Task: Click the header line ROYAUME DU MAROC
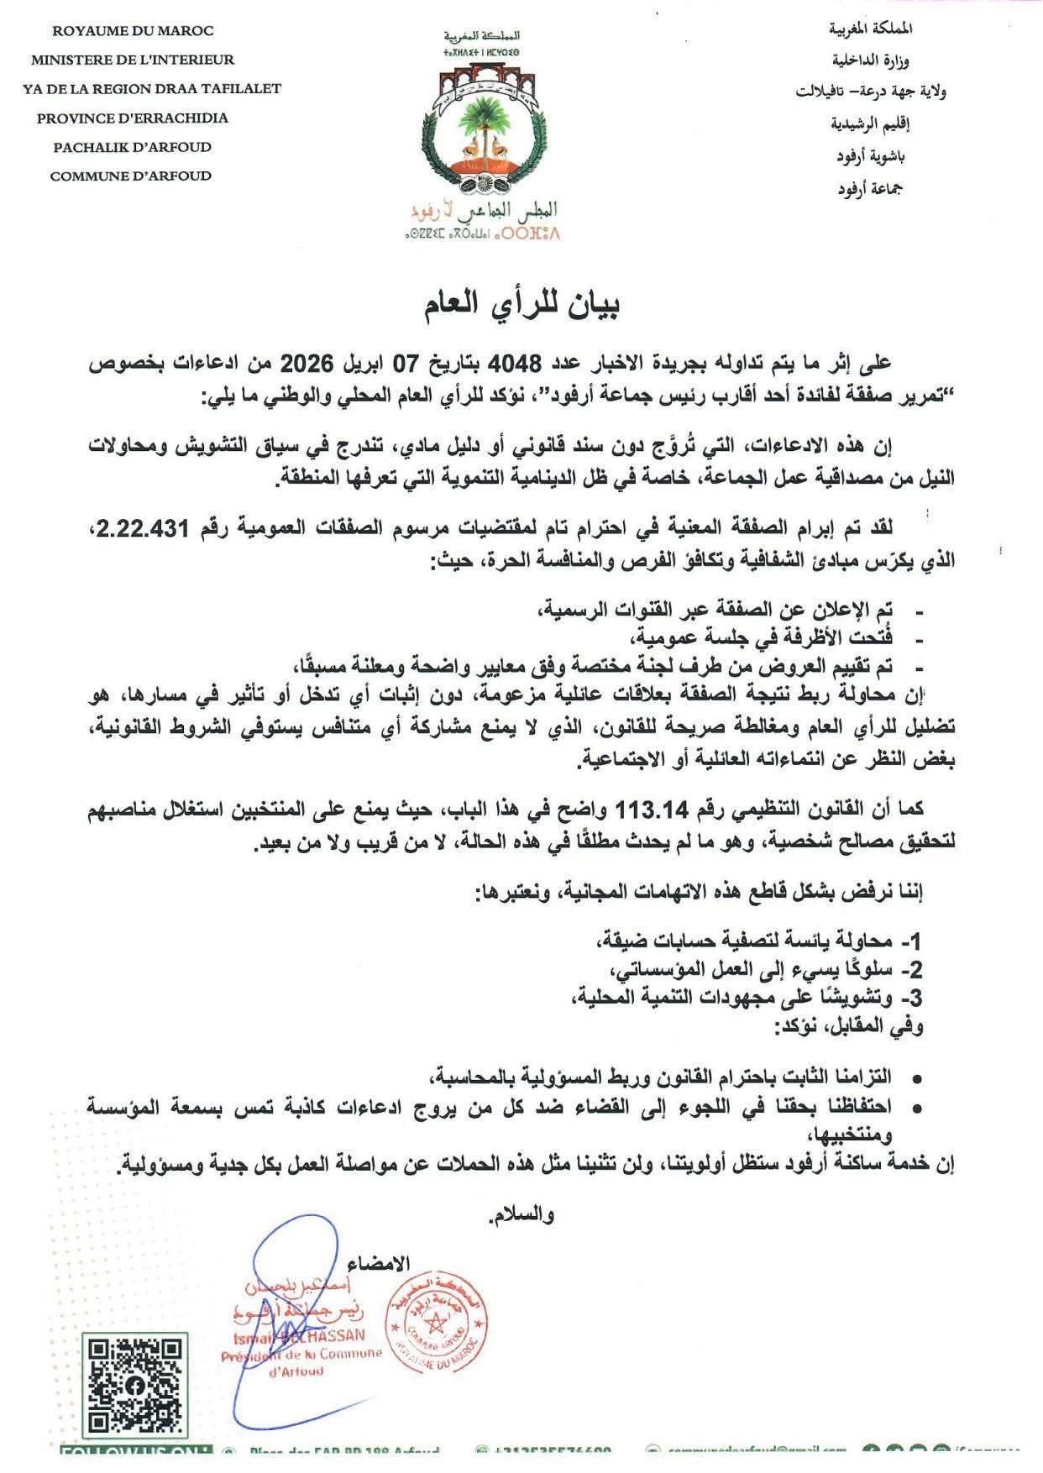pyautogui.click(x=133, y=31)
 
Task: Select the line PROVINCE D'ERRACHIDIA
pyautogui.click(x=132, y=118)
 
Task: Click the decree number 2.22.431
pyautogui.click(x=146, y=528)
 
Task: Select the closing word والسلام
pyautogui.click(x=521, y=1216)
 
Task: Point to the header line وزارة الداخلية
pyautogui.click(x=873, y=60)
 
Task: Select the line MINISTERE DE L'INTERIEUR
pyautogui.click(x=133, y=60)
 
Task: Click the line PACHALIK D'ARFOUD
pyautogui.click(x=132, y=147)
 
